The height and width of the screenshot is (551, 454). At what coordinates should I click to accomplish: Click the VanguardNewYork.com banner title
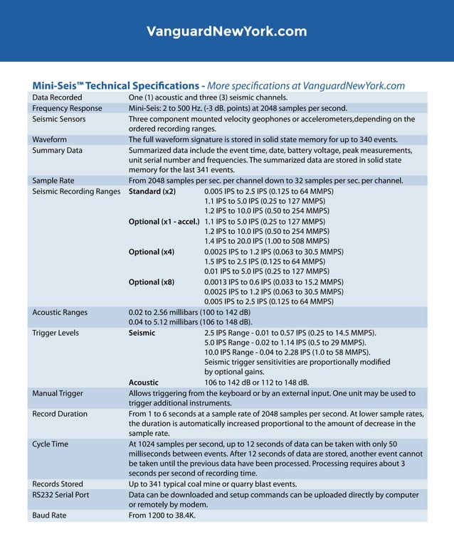(x=226, y=31)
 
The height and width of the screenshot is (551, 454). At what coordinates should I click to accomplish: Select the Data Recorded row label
(x=57, y=97)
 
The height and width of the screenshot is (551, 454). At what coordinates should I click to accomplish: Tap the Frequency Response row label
(x=67, y=108)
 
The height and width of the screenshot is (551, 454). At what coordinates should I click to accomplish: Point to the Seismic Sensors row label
(x=59, y=119)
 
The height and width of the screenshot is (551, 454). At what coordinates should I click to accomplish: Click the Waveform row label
(x=50, y=140)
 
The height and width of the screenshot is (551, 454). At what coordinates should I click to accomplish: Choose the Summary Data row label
(x=58, y=151)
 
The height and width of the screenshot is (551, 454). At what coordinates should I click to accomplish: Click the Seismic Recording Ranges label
(x=76, y=192)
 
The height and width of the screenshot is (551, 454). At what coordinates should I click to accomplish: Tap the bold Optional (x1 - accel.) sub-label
(x=164, y=222)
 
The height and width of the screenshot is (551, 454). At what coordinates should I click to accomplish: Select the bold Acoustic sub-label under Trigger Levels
(x=144, y=382)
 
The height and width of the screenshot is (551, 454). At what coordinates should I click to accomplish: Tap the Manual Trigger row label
(x=58, y=393)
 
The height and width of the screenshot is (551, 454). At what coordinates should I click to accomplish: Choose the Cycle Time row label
(x=51, y=444)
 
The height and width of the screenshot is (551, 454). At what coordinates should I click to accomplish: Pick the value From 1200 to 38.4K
(x=162, y=515)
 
